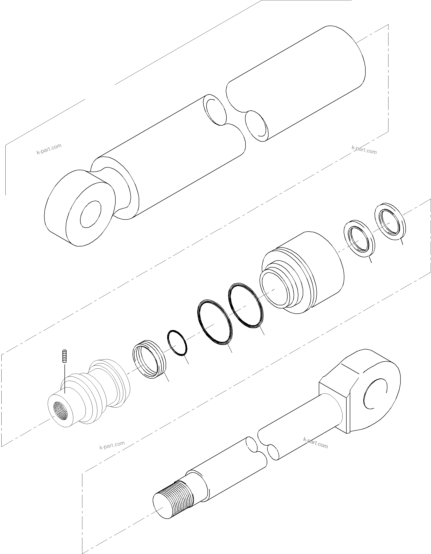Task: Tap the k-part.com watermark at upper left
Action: point(49,149)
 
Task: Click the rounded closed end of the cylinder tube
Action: point(355,61)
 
